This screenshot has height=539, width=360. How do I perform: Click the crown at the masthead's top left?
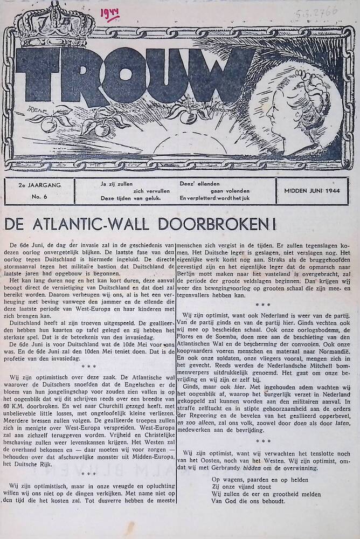point(49,24)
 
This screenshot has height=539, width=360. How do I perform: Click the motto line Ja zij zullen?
point(119,183)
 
